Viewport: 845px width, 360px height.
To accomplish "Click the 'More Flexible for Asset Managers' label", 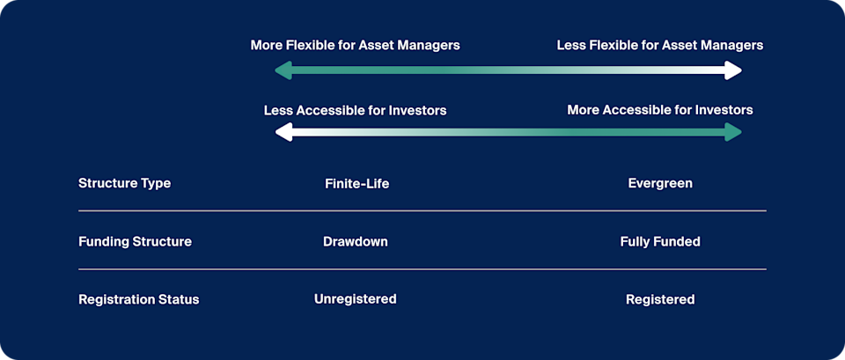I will pos(355,45).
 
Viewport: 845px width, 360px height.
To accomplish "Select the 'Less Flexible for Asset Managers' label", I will pos(659,45).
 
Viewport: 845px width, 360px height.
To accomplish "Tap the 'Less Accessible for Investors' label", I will pos(355,110).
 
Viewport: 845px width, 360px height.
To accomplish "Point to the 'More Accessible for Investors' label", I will pos(659,110).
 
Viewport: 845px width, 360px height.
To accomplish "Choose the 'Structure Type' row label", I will pos(124,184).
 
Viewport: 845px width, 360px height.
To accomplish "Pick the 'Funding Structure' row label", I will pos(135,241).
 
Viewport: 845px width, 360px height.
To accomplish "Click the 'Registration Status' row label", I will pos(138,299).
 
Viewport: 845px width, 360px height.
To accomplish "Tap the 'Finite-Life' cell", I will pos(356,184).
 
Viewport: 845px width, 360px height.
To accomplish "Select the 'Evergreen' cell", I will pos(660,184).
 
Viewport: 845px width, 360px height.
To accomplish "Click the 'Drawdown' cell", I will pos(355,241).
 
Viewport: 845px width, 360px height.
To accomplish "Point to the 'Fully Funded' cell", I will pos(660,241).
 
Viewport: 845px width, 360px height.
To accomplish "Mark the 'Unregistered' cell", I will pos(355,299).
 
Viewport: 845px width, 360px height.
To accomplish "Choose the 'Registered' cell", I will pos(660,299).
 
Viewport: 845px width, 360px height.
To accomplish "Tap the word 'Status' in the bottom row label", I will pos(179,299).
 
